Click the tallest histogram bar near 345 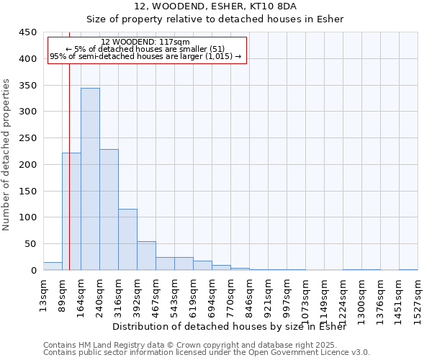pos(90,179)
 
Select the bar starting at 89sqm pos(71,212)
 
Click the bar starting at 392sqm pos(146,256)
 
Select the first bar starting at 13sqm pos(53,266)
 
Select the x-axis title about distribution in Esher pos(230,327)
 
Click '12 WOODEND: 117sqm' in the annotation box pos(146,42)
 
